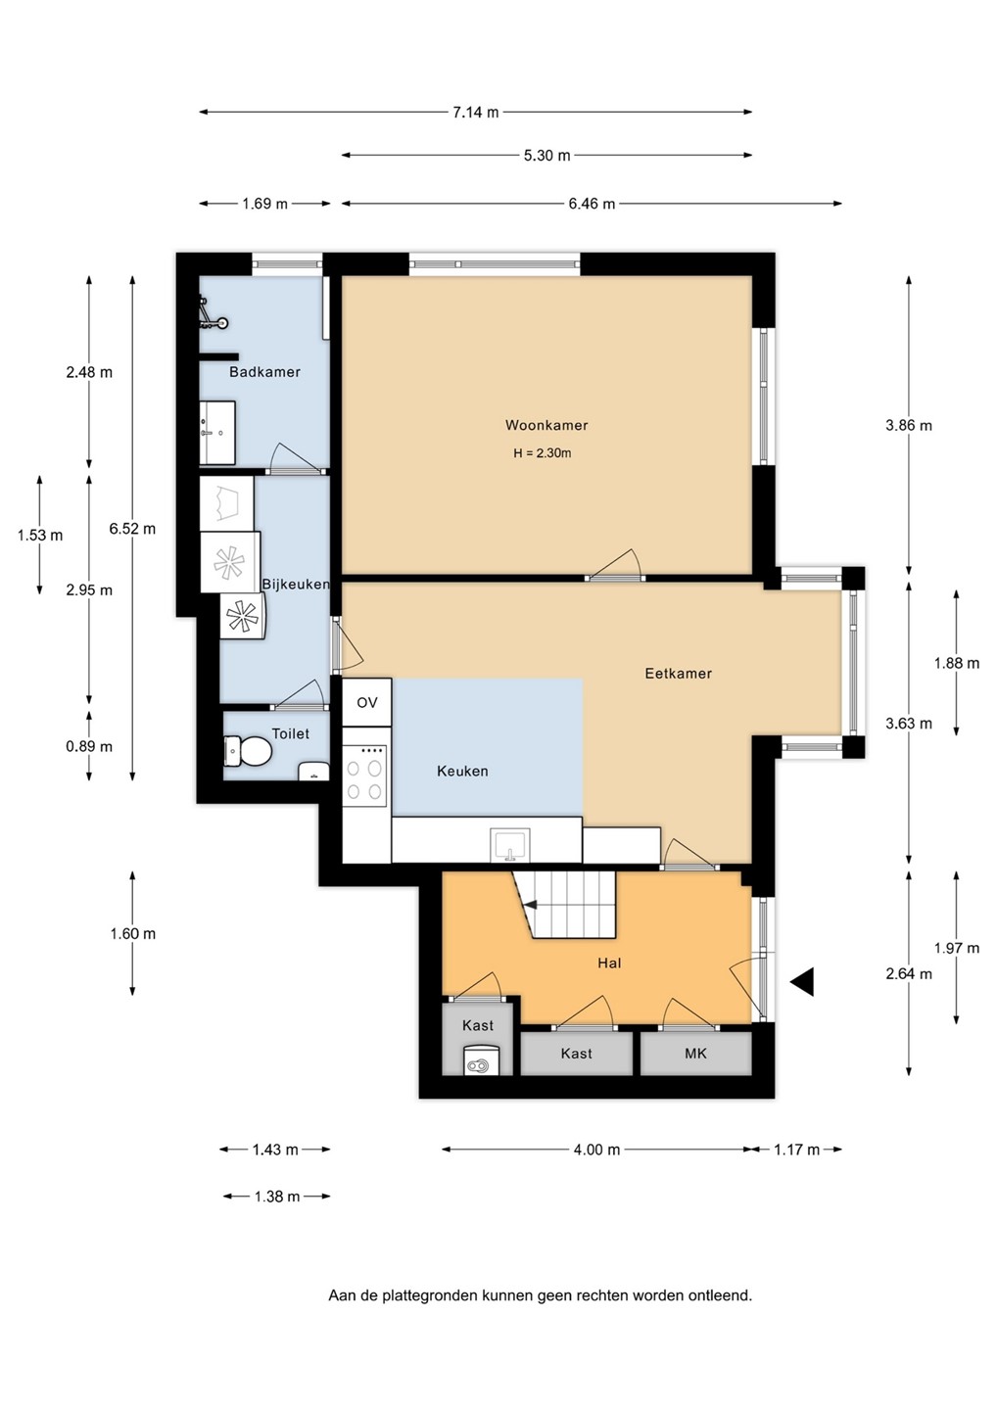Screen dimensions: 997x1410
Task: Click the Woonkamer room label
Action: point(546,425)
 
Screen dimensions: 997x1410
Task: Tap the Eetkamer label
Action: point(678,674)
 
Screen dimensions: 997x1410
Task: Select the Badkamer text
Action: point(264,372)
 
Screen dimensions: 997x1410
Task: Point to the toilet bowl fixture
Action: point(248,751)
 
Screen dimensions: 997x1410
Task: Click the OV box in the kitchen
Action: point(367,702)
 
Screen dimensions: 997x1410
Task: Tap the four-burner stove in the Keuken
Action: point(364,775)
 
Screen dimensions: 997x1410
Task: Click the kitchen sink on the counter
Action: point(510,845)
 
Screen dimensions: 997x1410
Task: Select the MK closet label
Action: point(695,1054)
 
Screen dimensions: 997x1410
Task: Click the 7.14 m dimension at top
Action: point(475,112)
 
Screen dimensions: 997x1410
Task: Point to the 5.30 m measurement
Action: point(546,155)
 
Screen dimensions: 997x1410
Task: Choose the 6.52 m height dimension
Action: point(132,529)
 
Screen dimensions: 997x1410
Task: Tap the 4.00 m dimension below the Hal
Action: point(596,1150)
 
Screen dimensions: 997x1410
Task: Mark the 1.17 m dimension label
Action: point(797,1150)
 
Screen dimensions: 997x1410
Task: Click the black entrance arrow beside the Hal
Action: point(802,982)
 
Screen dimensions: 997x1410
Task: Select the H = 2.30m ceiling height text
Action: point(543,453)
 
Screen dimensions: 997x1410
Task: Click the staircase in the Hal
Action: point(564,905)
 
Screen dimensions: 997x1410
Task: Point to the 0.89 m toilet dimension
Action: point(89,746)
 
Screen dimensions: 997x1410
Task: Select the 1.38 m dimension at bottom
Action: point(277,1197)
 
